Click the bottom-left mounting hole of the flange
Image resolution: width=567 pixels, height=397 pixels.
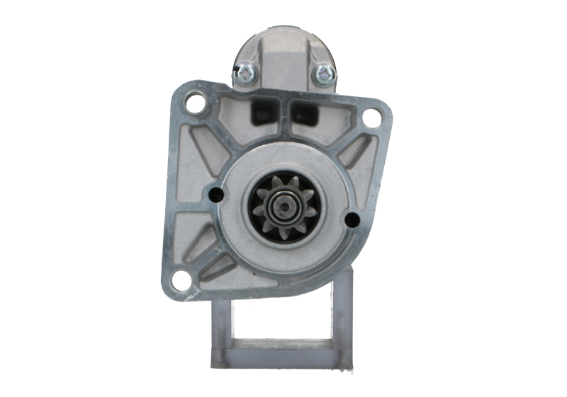181,280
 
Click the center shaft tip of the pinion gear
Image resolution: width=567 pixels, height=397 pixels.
285,206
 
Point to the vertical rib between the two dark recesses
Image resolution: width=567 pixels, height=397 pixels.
283,113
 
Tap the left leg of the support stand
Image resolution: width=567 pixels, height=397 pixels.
220,333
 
